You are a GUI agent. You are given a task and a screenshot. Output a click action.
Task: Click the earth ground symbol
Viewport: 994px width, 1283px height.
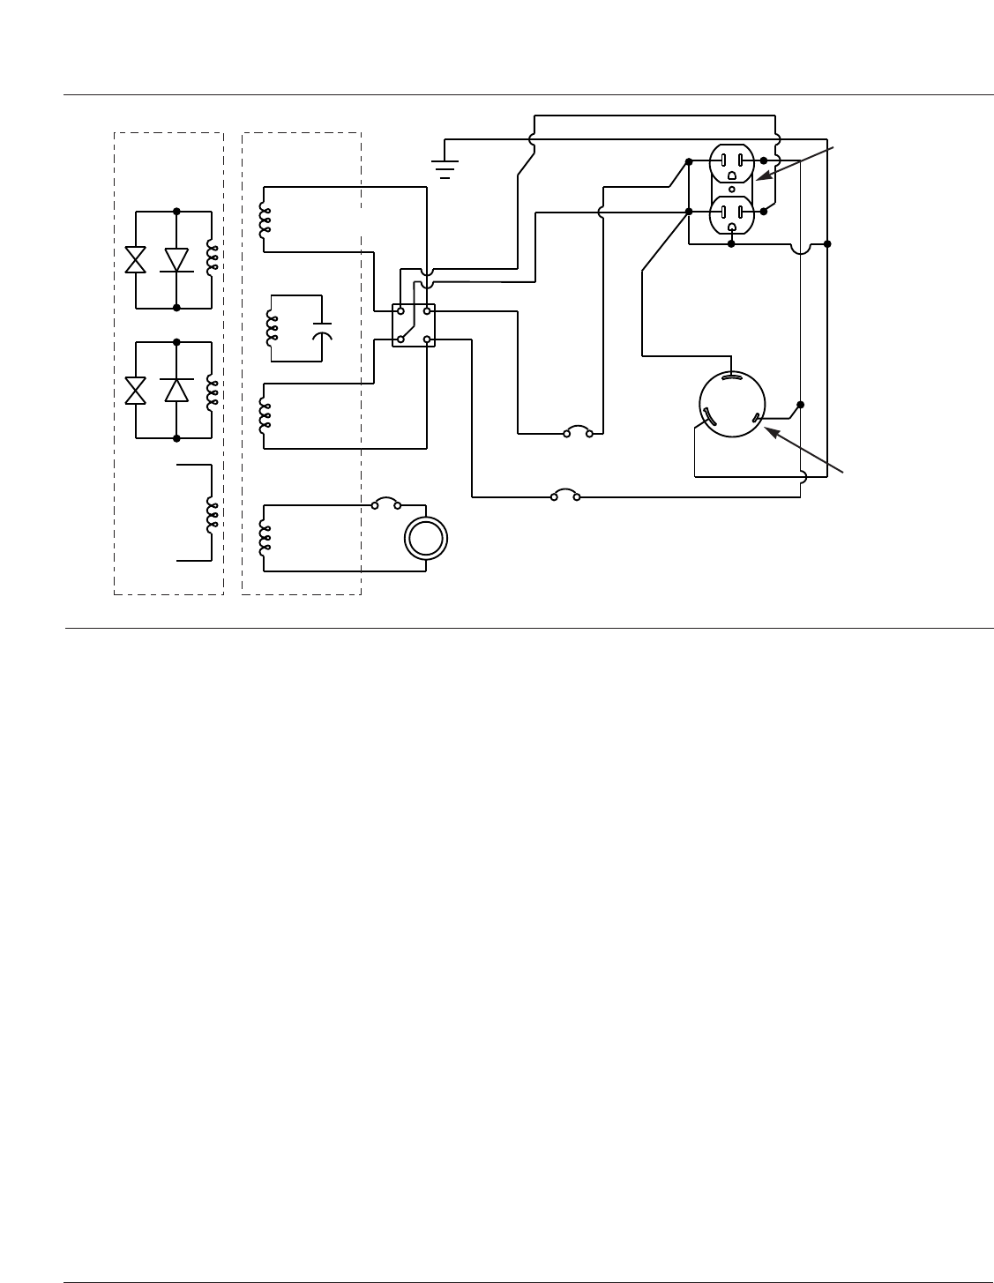click(x=445, y=166)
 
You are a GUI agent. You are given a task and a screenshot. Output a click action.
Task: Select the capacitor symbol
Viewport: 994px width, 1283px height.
click(x=323, y=331)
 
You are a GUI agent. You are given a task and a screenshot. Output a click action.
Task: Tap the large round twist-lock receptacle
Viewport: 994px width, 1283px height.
click(x=732, y=406)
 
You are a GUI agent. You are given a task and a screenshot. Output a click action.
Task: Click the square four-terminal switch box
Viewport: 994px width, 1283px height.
click(x=414, y=324)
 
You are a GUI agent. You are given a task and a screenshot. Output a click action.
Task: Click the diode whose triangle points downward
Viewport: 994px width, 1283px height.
click(x=177, y=260)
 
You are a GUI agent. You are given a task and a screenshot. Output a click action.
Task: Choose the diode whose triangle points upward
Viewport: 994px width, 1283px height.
click(x=177, y=390)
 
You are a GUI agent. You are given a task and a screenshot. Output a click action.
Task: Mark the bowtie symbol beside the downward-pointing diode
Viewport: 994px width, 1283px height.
click(x=136, y=260)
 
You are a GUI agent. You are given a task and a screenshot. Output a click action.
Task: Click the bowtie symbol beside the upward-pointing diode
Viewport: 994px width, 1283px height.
click(x=136, y=390)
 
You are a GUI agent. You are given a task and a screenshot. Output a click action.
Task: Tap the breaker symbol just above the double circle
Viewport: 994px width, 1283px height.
click(x=385, y=504)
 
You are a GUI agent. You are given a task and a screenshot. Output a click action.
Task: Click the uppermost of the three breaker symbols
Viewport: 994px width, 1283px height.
click(x=579, y=432)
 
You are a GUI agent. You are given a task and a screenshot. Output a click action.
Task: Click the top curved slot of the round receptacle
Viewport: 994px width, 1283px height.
click(x=732, y=377)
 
